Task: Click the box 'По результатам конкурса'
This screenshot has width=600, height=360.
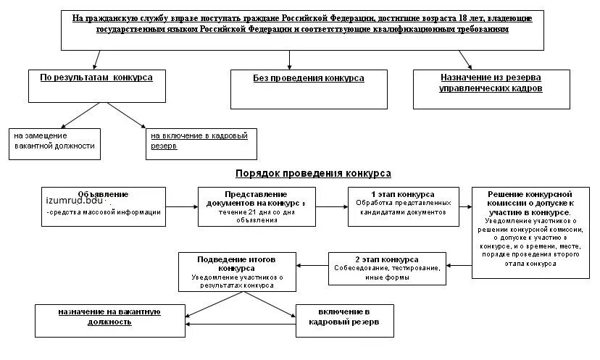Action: tap(96, 85)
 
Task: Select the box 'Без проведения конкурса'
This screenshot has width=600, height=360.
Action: tap(309, 88)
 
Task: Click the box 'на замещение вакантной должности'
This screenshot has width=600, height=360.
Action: tap(54, 143)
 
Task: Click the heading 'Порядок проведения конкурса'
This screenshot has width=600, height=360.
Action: tap(313, 174)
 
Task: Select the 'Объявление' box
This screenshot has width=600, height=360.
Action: tap(104, 206)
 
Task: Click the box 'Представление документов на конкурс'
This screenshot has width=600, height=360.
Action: tap(259, 206)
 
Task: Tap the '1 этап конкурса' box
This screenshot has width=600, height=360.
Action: tap(403, 206)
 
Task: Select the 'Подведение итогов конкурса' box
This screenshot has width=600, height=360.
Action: tap(237, 271)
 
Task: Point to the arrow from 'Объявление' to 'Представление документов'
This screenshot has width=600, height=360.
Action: tap(182, 206)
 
